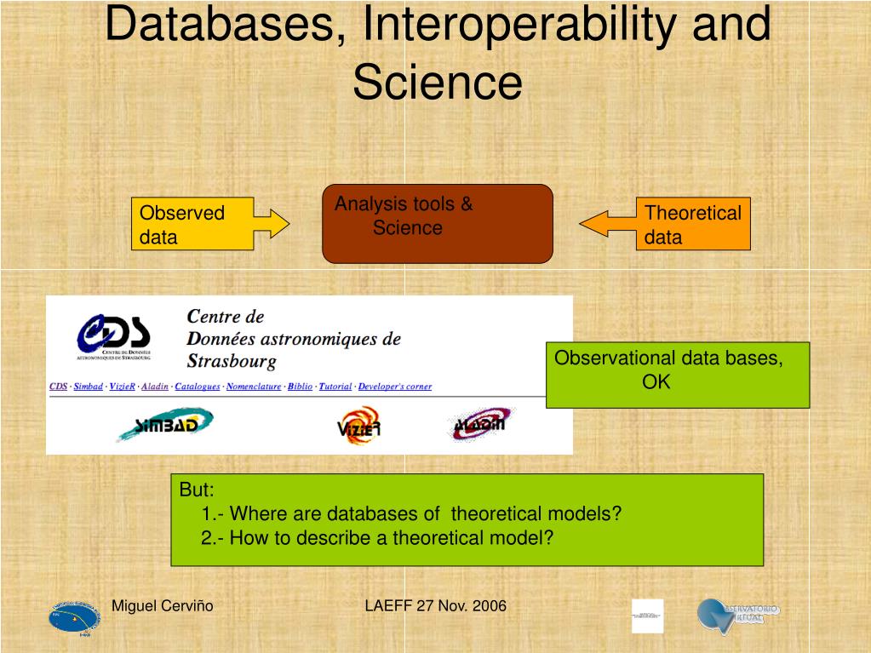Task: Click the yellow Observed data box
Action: point(193,225)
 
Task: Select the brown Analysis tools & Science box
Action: point(438,223)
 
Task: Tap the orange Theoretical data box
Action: point(693,225)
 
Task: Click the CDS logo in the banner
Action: point(114,334)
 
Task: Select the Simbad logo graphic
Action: point(164,424)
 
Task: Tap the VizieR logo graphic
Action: point(358,424)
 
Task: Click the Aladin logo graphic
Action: point(479,422)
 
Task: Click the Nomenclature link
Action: point(254,387)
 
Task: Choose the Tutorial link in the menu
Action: point(335,387)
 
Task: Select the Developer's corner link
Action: point(395,387)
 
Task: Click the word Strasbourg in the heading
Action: point(232,361)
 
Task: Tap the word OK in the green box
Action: point(656,381)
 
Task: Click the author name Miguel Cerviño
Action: point(163,606)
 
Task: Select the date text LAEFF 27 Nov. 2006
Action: point(435,606)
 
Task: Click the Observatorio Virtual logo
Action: point(737,615)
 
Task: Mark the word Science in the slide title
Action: point(437,83)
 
